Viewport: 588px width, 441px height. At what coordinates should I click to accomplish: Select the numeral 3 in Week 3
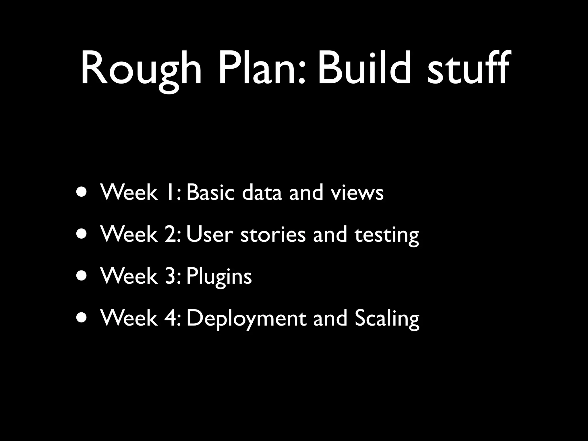pos(171,276)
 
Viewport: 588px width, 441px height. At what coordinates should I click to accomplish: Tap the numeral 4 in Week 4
pos(171,318)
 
